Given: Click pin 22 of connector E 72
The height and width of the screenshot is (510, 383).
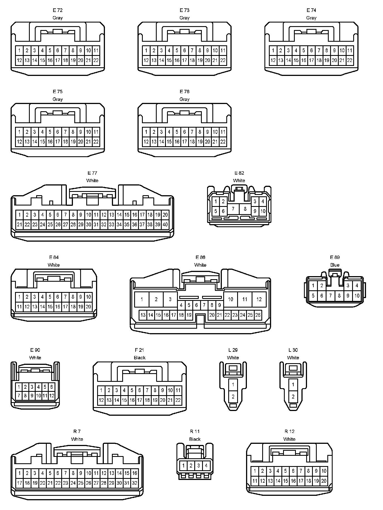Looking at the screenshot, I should [96, 60].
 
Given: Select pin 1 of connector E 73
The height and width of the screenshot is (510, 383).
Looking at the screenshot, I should [146, 51].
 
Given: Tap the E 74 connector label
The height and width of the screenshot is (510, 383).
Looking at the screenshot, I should [311, 10].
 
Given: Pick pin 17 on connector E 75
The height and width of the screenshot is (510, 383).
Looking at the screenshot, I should [58, 142].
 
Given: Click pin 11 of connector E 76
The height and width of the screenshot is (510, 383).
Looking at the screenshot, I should [223, 132].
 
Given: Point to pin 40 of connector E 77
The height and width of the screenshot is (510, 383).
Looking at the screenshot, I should [165, 224].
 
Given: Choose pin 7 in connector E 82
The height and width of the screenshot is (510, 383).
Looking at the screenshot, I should [233, 209].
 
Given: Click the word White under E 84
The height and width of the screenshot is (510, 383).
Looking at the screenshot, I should [54, 265].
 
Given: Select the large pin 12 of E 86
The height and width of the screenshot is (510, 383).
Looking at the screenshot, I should [259, 299].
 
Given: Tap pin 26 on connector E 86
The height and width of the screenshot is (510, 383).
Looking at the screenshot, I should [258, 315].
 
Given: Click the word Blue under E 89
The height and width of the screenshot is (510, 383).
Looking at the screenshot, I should [335, 265].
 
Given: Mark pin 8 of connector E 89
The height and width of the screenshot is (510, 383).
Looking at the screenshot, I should [339, 296].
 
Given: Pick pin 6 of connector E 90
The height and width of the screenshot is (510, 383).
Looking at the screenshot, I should [51, 387].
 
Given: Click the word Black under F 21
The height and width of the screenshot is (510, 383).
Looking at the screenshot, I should [139, 358].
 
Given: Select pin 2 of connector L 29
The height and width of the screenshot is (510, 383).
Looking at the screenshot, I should [233, 397].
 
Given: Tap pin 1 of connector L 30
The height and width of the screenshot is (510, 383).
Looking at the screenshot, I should [293, 385].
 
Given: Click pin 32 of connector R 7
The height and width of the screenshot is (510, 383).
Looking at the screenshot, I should [134, 483].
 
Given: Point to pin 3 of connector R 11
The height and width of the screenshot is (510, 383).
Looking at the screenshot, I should [198, 466].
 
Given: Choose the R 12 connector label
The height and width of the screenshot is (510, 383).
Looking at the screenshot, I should [289, 431].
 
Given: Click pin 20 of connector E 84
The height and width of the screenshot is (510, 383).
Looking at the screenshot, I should [88, 307].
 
